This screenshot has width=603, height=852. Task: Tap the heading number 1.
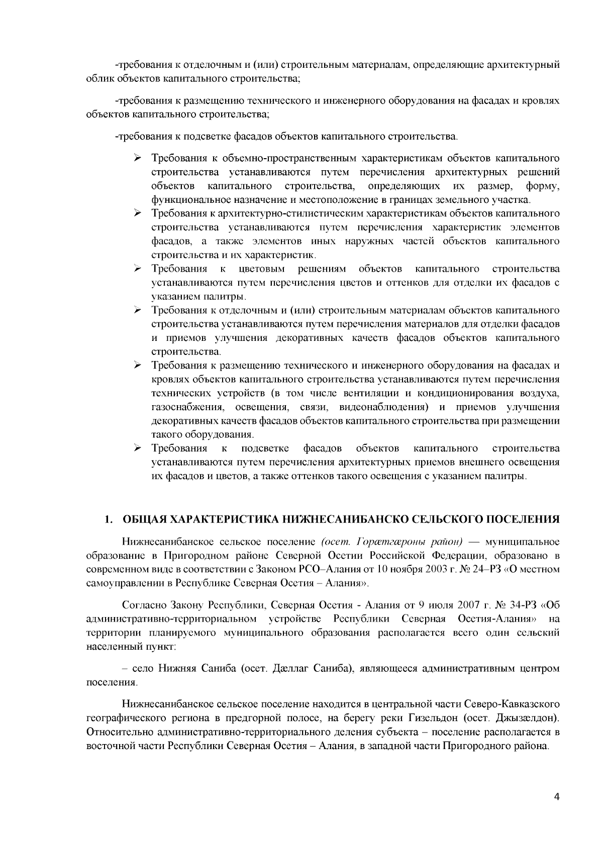pyautogui.click(x=106, y=519)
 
